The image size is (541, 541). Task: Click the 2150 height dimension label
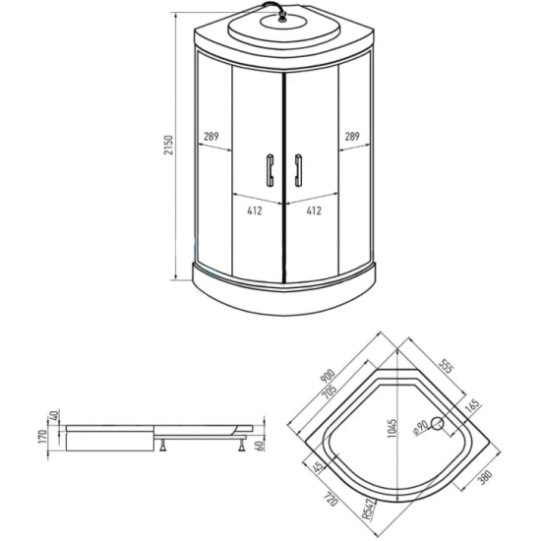coord(168,145)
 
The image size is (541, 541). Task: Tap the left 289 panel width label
coord(210,137)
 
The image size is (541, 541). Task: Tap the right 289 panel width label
coord(352,137)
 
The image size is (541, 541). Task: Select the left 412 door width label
coord(255,210)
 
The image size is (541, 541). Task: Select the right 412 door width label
coord(314,210)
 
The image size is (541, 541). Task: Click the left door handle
coord(270,169)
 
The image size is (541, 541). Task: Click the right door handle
coord(297,169)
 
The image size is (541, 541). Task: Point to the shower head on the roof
coord(283,18)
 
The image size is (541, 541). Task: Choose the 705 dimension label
coord(331,392)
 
